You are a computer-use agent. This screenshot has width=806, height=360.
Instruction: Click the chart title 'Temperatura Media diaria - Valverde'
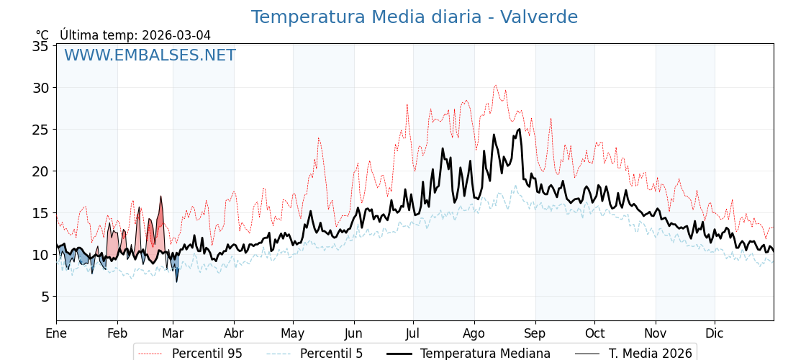[x=414, y=17]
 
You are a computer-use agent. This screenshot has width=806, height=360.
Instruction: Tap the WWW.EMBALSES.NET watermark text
[x=150, y=55]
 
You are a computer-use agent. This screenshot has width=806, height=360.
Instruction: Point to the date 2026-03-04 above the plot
[x=176, y=35]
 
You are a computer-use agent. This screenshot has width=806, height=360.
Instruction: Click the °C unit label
[x=42, y=35]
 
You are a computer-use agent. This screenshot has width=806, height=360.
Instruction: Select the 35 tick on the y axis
[x=41, y=46]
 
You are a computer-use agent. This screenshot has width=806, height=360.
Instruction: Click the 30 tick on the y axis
[x=41, y=88]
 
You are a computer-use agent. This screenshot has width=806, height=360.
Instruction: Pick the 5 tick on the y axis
[x=45, y=296]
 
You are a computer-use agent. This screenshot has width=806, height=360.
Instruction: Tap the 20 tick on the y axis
[x=41, y=171]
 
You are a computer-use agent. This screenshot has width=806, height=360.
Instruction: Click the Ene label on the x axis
[x=56, y=333]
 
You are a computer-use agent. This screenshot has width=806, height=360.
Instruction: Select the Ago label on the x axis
[x=474, y=333]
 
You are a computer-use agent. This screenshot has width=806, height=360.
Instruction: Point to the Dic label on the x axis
[x=715, y=333]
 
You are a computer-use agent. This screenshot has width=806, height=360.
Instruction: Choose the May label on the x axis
[x=293, y=333]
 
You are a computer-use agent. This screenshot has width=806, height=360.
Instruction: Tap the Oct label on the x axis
[x=594, y=333]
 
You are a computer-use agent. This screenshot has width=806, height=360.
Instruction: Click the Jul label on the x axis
[x=413, y=333]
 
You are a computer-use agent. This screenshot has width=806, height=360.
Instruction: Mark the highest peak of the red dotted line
[x=495, y=85]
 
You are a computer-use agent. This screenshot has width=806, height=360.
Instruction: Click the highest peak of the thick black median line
[x=494, y=135]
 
